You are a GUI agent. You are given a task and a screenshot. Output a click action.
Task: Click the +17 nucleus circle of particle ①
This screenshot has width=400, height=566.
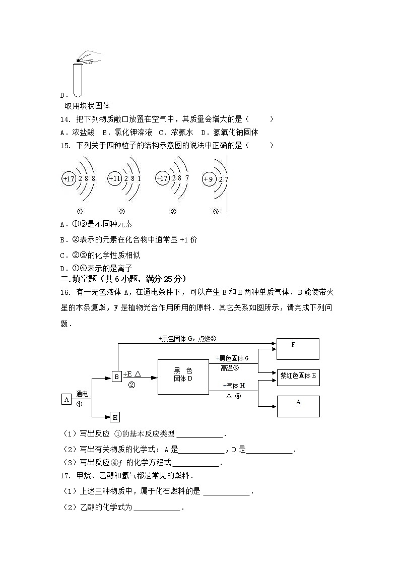click(x=69, y=179)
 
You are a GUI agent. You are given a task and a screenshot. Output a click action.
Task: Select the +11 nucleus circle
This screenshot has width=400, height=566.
click(x=115, y=179)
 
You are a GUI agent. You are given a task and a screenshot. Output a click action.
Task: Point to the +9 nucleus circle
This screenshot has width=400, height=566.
click(x=208, y=179)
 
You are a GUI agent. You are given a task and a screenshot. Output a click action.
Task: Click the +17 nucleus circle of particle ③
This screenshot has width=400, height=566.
click(x=162, y=178)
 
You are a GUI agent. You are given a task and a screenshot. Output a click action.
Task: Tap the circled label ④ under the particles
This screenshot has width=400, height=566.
click(x=216, y=212)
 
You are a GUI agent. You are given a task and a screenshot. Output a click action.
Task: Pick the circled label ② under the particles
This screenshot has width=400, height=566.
click(x=122, y=212)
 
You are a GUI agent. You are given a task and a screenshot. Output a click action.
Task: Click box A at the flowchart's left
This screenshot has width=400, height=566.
click(x=66, y=400)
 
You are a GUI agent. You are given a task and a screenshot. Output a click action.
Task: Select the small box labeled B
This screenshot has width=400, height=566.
click(x=116, y=376)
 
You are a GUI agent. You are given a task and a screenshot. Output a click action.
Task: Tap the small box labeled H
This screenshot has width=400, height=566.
click(x=115, y=417)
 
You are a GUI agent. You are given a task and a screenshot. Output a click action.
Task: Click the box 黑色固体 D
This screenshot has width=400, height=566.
click(x=183, y=377)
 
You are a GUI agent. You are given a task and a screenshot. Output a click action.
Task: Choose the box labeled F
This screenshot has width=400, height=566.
click(x=298, y=348)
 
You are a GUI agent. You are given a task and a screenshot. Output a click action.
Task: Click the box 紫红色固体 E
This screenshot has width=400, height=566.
click(x=298, y=376)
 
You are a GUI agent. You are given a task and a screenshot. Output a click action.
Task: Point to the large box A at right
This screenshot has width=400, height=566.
click(x=298, y=406)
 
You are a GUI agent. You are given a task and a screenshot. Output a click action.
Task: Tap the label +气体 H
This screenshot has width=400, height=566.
click(x=234, y=386)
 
